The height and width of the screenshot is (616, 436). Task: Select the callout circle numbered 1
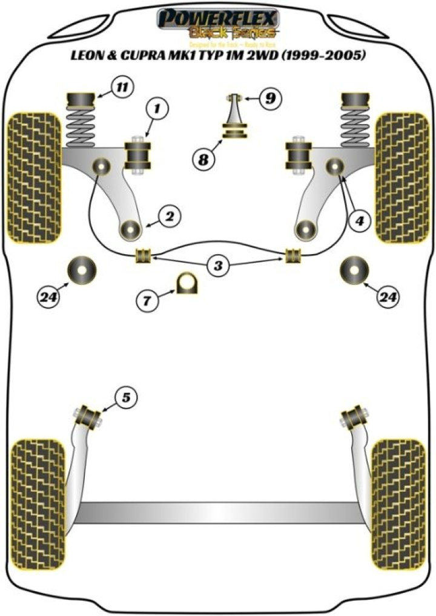[x=156, y=110]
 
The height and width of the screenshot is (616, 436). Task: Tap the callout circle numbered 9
[x=270, y=97]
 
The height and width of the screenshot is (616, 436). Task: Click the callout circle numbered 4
[x=360, y=222]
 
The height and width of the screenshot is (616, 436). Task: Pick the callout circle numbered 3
[x=219, y=264]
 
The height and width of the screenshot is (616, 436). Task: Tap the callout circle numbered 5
[x=126, y=398]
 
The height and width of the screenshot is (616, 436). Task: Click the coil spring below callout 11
[x=80, y=127]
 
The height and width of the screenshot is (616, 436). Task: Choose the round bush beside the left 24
[x=82, y=270]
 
